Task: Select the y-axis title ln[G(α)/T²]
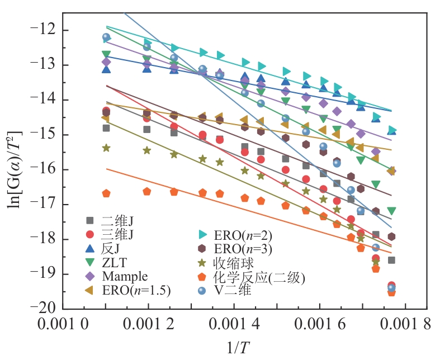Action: (x=15, y=168)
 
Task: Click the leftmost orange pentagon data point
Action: (x=106, y=193)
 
